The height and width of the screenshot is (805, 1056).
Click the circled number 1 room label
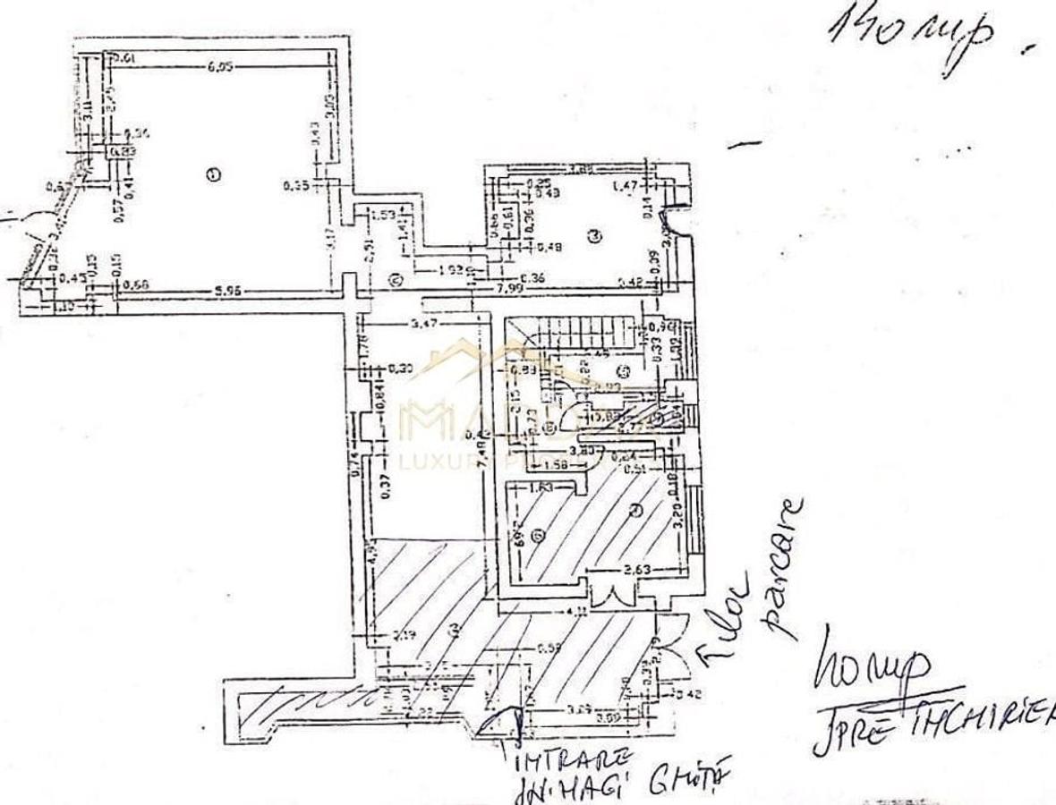[x=212, y=174]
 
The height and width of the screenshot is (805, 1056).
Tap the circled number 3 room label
[x=595, y=235]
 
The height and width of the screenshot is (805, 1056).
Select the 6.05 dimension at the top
[x=220, y=65]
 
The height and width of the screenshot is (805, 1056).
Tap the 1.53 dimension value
[x=382, y=215]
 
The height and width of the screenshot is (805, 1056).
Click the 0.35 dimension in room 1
[x=294, y=186]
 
